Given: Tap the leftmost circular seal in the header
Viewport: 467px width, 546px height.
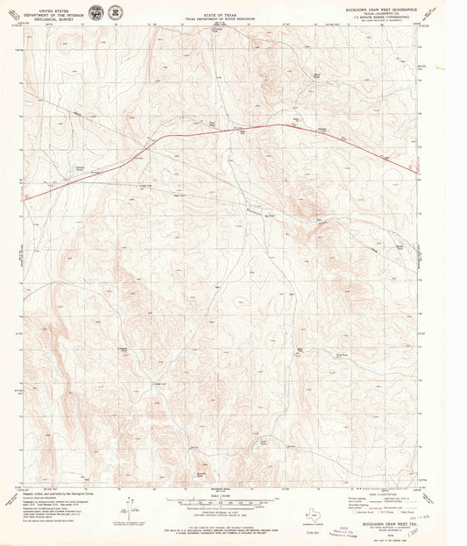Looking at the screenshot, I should click(95, 12).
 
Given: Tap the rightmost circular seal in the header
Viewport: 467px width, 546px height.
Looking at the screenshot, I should click(115, 12).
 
